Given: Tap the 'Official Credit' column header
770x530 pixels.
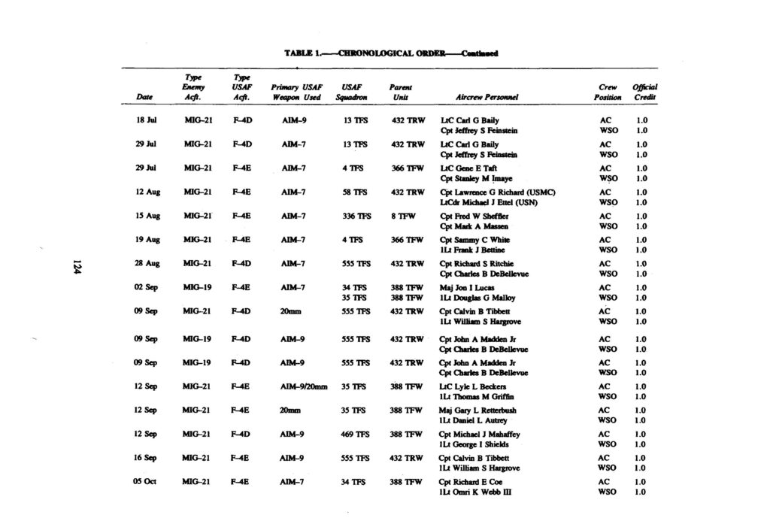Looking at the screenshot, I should pos(644,92).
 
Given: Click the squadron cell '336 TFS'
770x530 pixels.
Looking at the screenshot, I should pos(357,215).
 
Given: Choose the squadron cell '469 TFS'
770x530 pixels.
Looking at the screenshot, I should pos(357,434).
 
